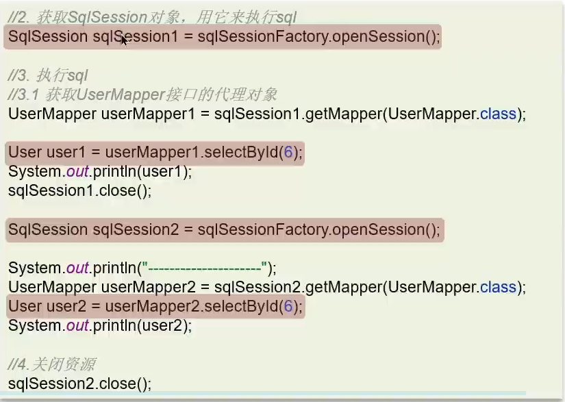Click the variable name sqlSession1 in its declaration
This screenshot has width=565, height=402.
coord(135,36)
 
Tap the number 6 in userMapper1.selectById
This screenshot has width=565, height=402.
coord(288,152)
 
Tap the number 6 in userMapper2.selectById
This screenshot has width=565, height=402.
coord(288,306)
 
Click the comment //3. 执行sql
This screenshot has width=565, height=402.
coord(48,75)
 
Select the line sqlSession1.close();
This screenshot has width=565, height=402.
coord(79,190)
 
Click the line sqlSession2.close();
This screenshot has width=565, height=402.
coord(79,383)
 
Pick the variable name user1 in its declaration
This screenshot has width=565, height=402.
coord(63,152)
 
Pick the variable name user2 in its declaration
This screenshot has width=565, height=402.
coord(63,306)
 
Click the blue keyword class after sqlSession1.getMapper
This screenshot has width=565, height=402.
coord(498,114)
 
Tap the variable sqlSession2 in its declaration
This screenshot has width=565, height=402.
coord(135,230)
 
